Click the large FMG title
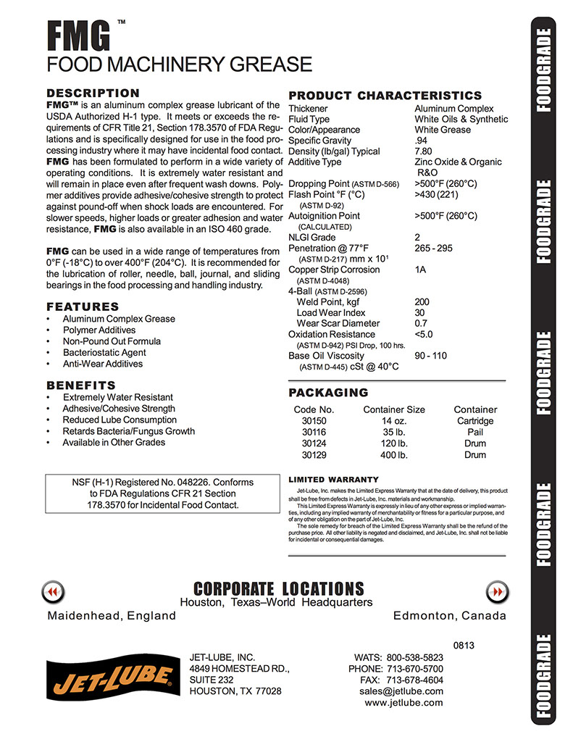click(78, 34)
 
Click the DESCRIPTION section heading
click(93, 93)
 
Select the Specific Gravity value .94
click(421, 141)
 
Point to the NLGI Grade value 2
click(417, 238)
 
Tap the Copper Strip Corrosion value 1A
click(421, 270)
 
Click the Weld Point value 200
click(422, 302)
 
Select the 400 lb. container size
click(394, 455)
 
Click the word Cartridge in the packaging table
click(475, 421)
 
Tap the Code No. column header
click(314, 409)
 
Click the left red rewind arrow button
click(52, 592)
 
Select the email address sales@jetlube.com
click(401, 691)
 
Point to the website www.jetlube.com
click(403, 703)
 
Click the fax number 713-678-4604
click(414, 680)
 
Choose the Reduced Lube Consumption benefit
click(120, 420)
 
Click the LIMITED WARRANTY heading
click(333, 480)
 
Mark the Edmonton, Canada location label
click(449, 616)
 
